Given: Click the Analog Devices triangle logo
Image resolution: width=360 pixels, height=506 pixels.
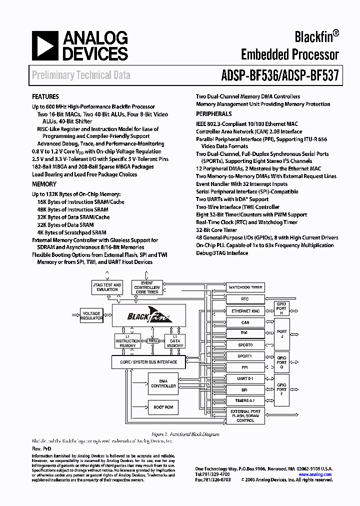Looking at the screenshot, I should [44, 46].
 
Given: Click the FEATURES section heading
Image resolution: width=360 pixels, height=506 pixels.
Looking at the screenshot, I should [45, 96].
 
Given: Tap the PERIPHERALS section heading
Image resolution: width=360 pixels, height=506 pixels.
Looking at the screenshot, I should [213, 114].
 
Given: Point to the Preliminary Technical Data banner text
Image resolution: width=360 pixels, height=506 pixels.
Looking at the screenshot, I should [81, 75].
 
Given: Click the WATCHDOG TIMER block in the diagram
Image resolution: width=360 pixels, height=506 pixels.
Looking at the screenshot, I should [245, 287].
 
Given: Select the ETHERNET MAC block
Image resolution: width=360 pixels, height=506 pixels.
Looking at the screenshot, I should [245, 311].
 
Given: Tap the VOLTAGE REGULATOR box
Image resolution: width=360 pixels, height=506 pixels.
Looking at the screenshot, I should [91, 316].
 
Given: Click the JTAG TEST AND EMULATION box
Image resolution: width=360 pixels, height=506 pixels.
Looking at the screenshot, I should [107, 287].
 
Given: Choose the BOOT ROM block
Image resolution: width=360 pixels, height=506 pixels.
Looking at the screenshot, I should [163, 407].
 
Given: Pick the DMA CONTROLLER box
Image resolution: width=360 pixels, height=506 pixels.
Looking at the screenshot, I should [163, 383].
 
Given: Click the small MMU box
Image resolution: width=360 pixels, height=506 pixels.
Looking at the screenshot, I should [153, 340].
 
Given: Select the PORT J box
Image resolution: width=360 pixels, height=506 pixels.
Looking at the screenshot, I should [282, 333].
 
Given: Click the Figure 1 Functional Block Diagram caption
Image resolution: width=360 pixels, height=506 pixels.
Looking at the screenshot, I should [185, 434].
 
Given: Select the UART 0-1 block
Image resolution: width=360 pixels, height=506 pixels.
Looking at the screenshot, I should [245, 378].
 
